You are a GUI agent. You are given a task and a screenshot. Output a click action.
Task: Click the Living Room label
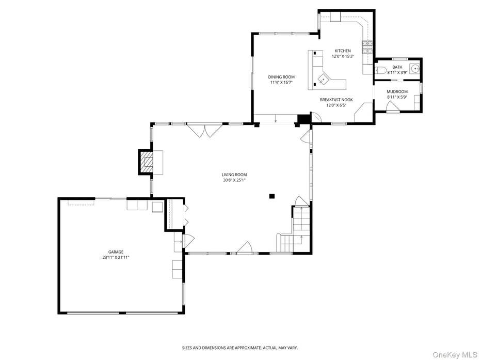[x=234, y=175]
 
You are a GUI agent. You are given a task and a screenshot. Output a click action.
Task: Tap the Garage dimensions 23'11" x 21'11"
[x=116, y=257]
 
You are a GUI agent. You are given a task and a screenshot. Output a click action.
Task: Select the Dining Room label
[x=281, y=77]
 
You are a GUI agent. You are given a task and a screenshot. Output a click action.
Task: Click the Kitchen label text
[x=343, y=51]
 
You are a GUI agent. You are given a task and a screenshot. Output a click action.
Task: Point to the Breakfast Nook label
[x=336, y=100]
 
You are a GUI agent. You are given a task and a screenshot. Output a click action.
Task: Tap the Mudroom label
[x=397, y=92]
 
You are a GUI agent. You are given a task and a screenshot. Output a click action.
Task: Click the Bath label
[x=397, y=67]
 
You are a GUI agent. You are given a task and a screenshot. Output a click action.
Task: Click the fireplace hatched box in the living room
[x=148, y=162]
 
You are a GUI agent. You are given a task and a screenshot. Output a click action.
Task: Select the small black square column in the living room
[x=272, y=196]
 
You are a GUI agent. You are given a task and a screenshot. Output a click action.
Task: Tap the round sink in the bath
[x=414, y=68]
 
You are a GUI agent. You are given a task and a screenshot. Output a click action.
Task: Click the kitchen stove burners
[x=367, y=48]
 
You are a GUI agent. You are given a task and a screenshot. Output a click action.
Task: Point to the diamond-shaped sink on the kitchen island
[x=323, y=80]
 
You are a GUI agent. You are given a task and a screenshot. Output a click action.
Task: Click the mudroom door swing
[x=393, y=106]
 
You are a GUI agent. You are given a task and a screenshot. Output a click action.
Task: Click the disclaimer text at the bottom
[x=239, y=348]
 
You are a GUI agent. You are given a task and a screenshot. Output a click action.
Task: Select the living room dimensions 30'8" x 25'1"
[x=234, y=180]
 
